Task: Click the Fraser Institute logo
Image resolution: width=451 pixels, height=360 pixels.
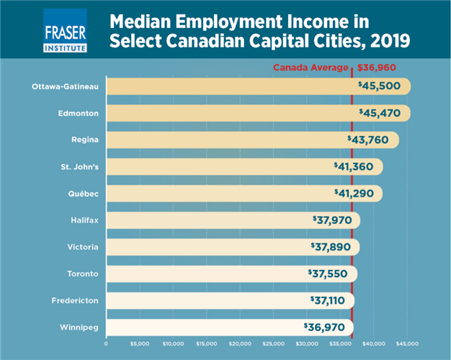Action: point(65,30)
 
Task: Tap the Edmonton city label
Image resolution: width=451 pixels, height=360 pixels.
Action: point(79,114)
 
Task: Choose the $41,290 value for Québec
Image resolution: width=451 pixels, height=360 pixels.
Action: point(357,194)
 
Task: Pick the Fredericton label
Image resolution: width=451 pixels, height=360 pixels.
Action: point(76,300)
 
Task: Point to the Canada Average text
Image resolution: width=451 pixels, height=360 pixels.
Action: point(311,68)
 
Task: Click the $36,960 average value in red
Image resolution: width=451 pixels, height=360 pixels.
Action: point(377,68)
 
